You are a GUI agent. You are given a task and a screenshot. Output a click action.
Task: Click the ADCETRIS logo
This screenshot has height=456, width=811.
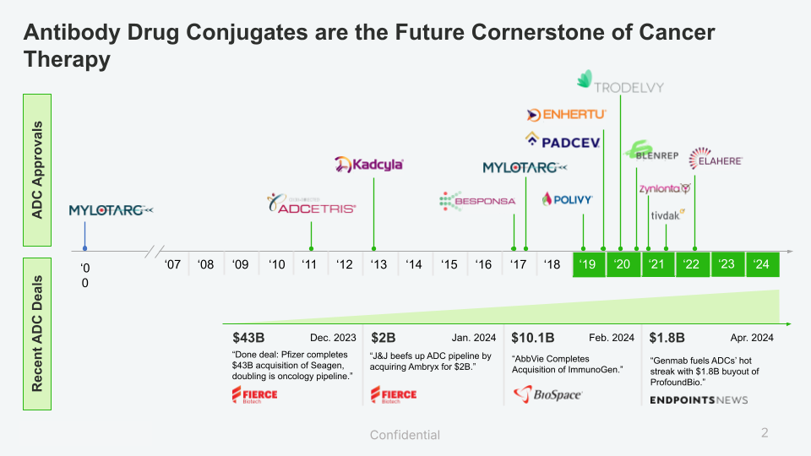pos(311,204)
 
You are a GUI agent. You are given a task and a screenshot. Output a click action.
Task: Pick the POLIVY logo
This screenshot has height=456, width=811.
pos(568,200)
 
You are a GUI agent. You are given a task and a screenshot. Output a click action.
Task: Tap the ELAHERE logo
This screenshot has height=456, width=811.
pos(716,159)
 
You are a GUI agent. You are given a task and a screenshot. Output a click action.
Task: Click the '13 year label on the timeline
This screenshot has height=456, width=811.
pos(379,265)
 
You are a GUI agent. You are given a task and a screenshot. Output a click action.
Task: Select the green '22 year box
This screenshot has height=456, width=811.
pos(692,264)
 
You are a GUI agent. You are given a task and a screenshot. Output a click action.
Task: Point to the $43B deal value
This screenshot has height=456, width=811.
pos(248,338)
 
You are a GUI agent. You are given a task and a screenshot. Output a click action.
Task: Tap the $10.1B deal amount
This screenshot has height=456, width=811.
pos(532,338)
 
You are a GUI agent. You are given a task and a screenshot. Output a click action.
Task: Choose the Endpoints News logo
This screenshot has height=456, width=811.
pos(699,399)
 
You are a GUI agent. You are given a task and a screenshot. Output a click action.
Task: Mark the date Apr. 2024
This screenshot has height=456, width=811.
pos(752,338)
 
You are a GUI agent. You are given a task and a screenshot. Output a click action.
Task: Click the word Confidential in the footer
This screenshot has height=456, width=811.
pos(405,435)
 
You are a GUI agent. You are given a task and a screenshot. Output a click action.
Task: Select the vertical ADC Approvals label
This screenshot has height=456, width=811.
pos(37,171)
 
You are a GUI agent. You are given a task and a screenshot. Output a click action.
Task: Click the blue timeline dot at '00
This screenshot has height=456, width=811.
pos(84,250)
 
